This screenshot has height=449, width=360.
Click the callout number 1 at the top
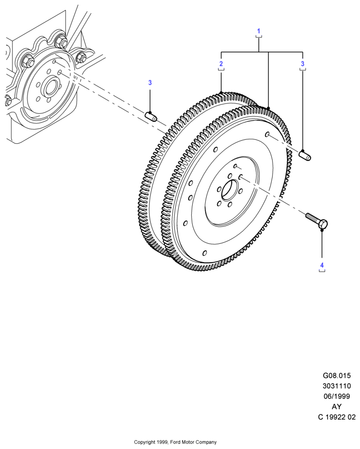(259, 31)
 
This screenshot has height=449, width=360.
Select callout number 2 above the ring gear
(221, 63)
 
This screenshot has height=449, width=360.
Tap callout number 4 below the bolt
(322, 265)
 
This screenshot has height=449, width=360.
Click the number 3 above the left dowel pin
(150, 83)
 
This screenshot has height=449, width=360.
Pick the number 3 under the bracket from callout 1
(303, 63)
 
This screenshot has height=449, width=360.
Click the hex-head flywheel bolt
(317, 220)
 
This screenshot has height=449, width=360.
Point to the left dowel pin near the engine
(150, 116)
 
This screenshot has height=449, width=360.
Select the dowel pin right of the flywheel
(305, 155)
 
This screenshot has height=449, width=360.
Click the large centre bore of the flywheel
(230, 190)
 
